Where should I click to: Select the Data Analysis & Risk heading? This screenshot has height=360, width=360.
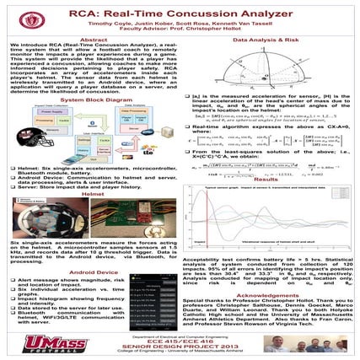[269, 40]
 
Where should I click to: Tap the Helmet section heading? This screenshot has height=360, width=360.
[94, 193]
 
